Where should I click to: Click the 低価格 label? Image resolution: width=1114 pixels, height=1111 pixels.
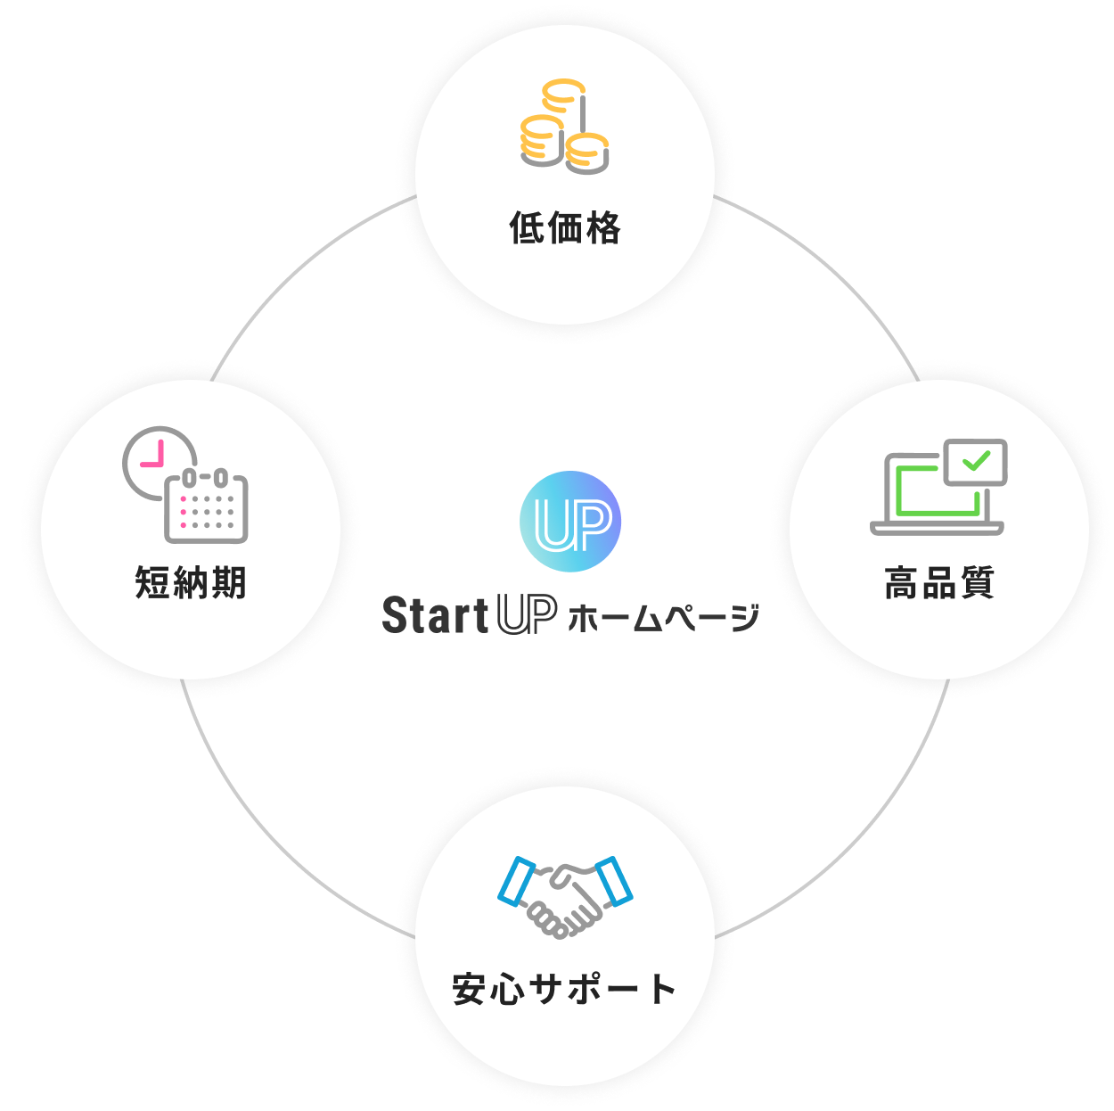click(x=565, y=228)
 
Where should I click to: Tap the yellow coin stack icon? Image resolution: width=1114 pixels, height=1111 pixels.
click(x=564, y=126)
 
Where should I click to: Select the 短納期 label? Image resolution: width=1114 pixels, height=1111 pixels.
click(x=191, y=583)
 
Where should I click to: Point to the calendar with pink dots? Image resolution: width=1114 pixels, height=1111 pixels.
click(x=206, y=506)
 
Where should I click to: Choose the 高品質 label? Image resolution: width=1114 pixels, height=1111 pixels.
click(x=939, y=583)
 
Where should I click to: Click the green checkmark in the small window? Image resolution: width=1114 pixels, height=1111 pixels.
click(x=977, y=461)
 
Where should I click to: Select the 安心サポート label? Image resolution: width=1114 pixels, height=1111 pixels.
click(x=565, y=989)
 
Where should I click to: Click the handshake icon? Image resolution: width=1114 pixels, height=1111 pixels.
click(x=565, y=896)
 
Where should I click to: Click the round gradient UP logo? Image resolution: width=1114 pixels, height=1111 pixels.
click(x=570, y=522)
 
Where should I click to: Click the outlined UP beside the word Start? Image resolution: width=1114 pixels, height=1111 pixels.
click(x=527, y=615)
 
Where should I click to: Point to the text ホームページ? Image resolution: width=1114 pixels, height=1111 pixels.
click(x=663, y=617)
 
